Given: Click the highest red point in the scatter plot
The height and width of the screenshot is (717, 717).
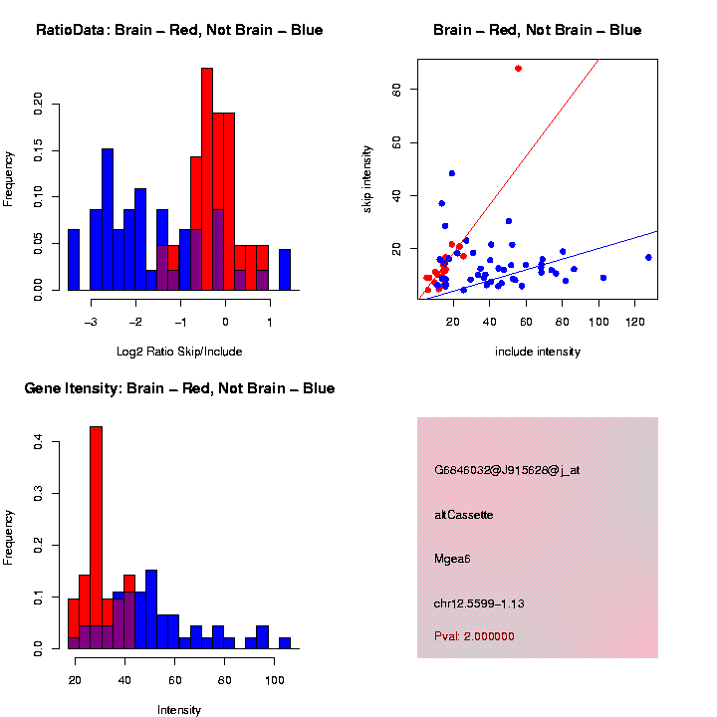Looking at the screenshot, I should [518, 69].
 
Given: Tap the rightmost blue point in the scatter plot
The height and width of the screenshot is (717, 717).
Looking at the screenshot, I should [648, 257].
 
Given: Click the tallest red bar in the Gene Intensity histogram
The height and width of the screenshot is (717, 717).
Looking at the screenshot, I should [97, 538].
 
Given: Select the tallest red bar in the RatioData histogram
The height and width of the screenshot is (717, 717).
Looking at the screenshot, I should [207, 179].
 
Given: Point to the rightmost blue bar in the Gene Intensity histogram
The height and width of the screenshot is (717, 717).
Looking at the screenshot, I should [285, 642].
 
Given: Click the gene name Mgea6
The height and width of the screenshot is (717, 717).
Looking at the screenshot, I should [452, 558].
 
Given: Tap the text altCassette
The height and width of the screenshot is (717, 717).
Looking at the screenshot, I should [464, 514].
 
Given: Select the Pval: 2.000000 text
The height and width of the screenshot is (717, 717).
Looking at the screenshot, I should [475, 635].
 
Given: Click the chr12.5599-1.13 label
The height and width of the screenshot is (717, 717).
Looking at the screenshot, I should [480, 602].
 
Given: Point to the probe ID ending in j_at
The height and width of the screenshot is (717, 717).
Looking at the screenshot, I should [507, 470].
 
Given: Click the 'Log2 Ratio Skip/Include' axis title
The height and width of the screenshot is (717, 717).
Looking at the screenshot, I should [179, 351].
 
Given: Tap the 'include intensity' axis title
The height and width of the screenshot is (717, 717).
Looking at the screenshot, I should [538, 352].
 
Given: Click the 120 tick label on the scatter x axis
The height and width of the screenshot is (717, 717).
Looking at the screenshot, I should [634, 321].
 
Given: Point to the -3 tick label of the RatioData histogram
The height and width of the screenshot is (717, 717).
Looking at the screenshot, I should [91, 321].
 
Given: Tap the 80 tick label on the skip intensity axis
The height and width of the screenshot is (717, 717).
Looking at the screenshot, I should [397, 90].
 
